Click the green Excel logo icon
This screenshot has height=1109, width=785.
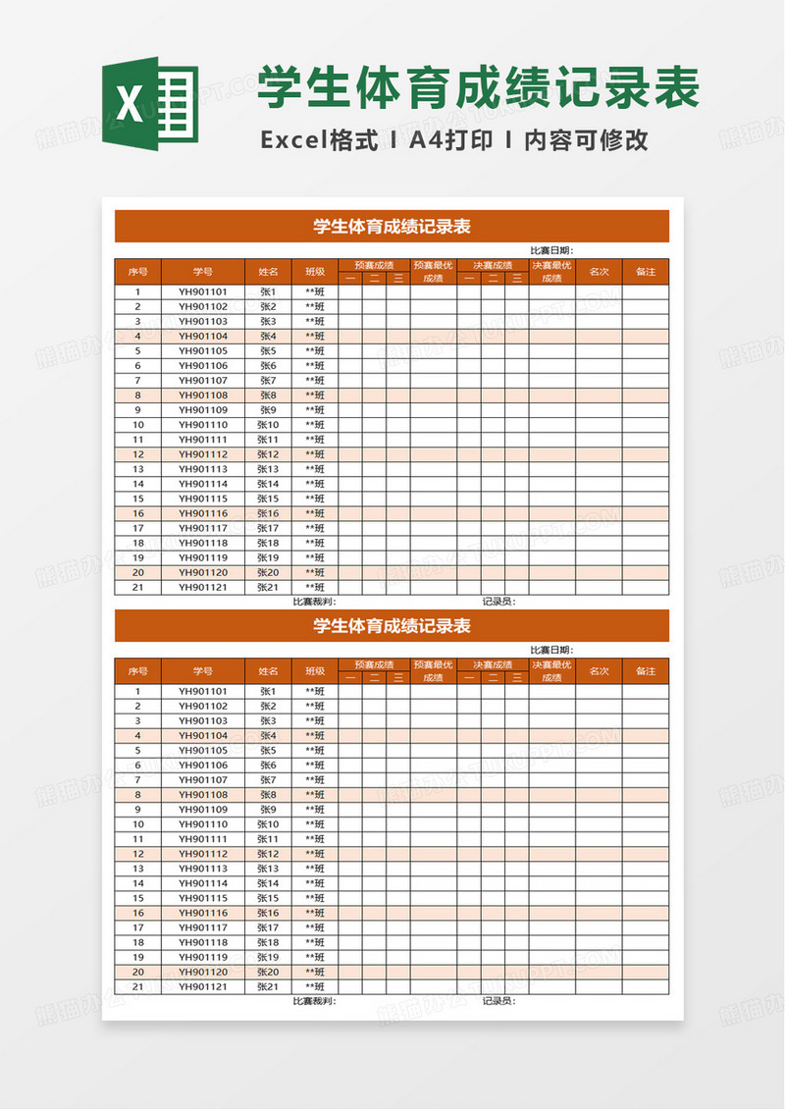(149, 104)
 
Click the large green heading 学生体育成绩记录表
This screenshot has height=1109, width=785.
(479, 88)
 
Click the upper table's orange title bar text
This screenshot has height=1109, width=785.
(392, 227)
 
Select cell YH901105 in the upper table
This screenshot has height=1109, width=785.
(203, 350)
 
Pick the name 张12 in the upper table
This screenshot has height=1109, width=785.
(268, 454)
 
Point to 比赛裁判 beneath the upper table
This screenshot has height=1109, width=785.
(314, 602)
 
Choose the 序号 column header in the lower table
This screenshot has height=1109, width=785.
(137, 671)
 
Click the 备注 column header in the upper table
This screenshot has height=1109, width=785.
(646, 272)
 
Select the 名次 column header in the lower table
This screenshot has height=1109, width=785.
(599, 671)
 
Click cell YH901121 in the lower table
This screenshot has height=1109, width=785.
(203, 986)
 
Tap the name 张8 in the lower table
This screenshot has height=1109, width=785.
(268, 794)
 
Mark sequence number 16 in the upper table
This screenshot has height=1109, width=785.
(138, 513)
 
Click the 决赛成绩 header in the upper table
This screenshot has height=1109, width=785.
(493, 265)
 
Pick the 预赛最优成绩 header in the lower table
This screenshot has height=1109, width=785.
(434, 671)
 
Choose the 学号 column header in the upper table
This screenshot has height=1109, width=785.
(203, 272)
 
